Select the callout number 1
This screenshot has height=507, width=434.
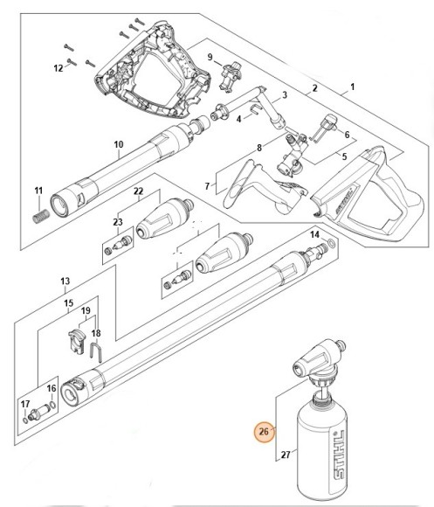353,87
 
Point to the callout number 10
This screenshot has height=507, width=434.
120,144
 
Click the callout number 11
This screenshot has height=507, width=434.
38,191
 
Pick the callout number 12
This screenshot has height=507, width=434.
59,67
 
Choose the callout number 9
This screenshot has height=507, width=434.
210,58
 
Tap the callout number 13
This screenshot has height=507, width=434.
65,281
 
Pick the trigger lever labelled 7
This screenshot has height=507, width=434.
253,190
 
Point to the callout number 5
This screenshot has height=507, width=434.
343,157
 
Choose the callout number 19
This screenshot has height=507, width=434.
86,311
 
